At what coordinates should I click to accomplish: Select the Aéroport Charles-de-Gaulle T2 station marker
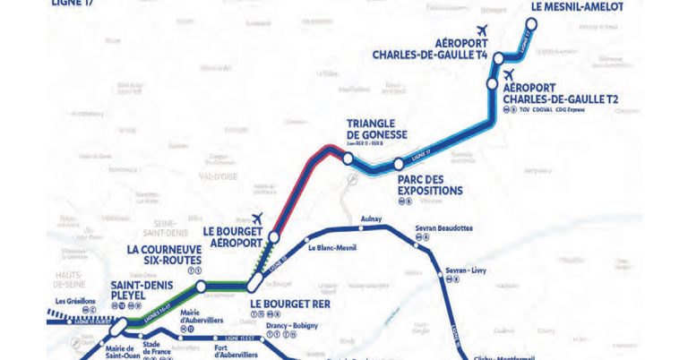(492, 83)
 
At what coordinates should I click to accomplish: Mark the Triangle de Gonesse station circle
(347, 159)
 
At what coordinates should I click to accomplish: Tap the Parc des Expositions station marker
(397, 165)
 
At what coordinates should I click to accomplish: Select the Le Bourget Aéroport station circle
(273, 237)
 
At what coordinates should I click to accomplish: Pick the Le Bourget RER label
(286, 304)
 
